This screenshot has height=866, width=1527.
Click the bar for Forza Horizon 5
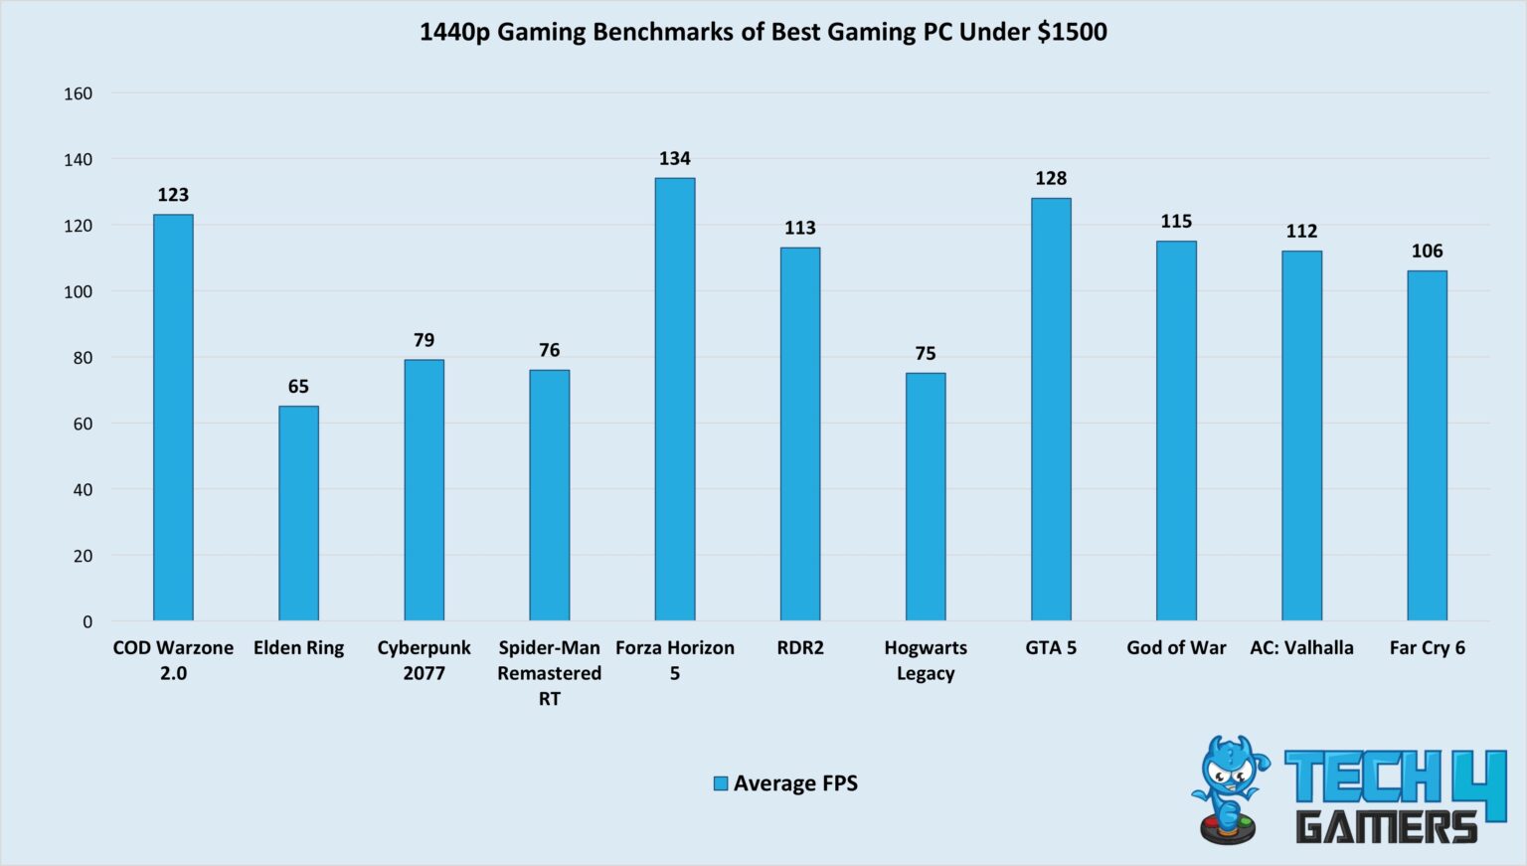click(x=674, y=400)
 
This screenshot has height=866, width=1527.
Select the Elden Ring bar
click(x=298, y=513)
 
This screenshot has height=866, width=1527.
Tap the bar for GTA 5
click(x=1051, y=410)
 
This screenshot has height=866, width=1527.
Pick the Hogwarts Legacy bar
click(x=925, y=497)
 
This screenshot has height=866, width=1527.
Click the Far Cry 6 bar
click(x=1427, y=445)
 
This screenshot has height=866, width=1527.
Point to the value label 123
click(x=173, y=195)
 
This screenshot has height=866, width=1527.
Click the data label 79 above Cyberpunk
click(x=424, y=340)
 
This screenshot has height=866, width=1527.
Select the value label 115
click(x=1176, y=222)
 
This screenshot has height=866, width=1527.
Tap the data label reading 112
click(x=1301, y=232)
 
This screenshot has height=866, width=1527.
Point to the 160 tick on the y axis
click(x=78, y=93)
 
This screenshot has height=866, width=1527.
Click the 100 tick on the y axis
click(x=78, y=291)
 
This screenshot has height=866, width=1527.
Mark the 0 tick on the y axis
click(x=87, y=621)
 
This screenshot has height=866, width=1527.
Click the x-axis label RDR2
click(x=800, y=648)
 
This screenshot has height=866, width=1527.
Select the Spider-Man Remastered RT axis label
click(x=549, y=673)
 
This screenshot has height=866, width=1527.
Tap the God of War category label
click(x=1176, y=648)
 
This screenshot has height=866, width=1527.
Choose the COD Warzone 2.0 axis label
click(x=173, y=660)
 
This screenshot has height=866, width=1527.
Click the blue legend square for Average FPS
click(x=721, y=783)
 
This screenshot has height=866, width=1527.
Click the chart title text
click(x=763, y=32)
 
